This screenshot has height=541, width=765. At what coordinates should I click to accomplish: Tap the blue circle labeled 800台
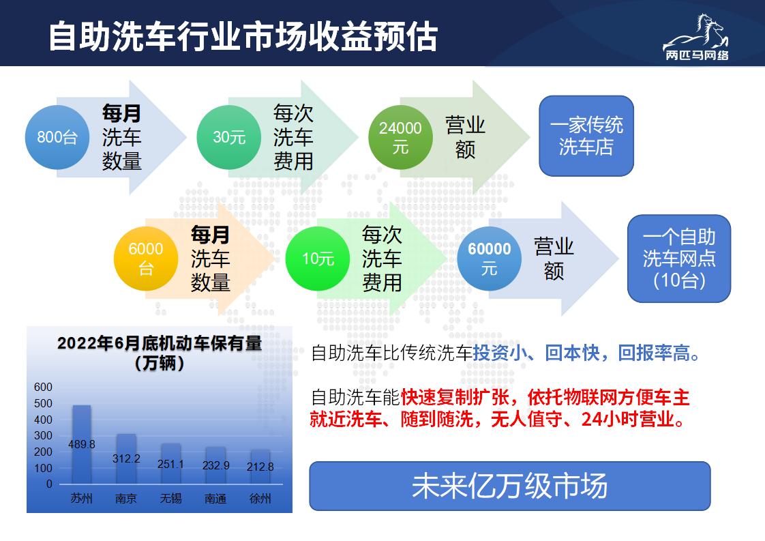coord(57,137)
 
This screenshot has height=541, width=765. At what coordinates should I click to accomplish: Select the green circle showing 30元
coord(229,137)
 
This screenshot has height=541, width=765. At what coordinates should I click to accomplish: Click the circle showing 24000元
coord(400,137)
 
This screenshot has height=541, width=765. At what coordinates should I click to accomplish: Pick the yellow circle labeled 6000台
coord(146,259)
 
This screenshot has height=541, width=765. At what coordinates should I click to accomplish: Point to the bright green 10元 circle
coord(318,259)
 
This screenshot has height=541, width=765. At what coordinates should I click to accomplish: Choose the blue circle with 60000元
coord(490,259)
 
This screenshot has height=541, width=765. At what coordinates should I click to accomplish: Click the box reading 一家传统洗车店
coord(586,136)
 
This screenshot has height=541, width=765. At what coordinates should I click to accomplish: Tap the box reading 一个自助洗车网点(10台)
coord(678,259)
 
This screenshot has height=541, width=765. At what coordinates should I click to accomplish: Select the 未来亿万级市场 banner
coord(510,486)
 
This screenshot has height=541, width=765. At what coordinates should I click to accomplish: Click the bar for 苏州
coord(81,444)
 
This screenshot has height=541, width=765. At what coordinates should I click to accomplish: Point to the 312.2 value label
coord(126,458)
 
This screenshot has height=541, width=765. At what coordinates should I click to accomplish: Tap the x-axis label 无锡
coord(170,498)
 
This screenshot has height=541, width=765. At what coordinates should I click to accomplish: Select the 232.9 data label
coord(215,465)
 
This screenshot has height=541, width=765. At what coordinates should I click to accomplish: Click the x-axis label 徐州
coord(260,498)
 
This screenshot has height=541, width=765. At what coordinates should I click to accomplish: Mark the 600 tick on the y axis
coord(43,387)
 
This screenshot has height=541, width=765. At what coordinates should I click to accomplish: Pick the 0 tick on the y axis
coord(49,484)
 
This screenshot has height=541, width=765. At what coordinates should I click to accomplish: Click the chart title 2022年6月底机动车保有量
coord(160,343)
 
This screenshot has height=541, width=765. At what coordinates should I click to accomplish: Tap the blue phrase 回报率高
coord(654,353)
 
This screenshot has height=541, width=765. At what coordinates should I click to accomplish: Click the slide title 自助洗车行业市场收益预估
coord(243,37)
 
